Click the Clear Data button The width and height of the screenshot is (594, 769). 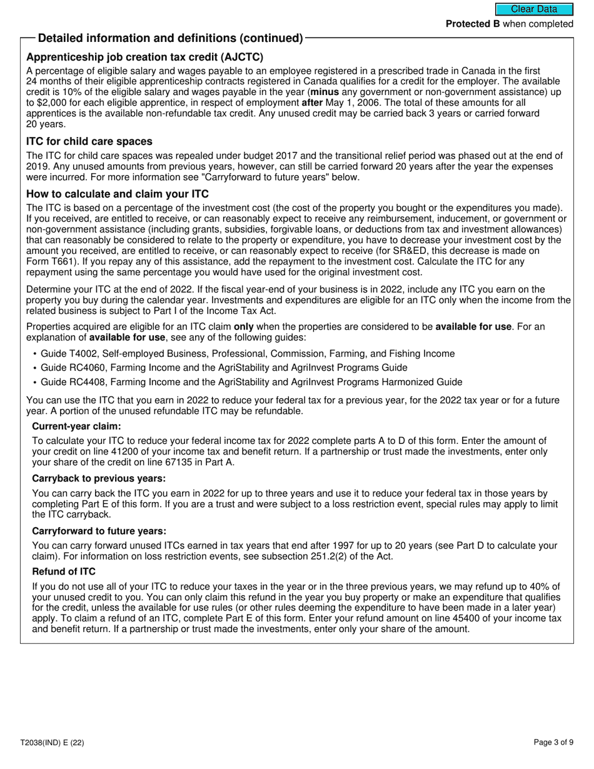pyautogui.click(x=534, y=9)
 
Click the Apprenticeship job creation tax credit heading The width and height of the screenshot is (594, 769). pyautogui.click(x=144, y=57)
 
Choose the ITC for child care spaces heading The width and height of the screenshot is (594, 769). pyautogui.click(x=89, y=141)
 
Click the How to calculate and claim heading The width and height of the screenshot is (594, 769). pyautogui.click(x=118, y=194)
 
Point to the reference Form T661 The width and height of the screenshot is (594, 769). pyautogui.click(x=53, y=261)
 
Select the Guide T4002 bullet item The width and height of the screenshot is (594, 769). pyautogui.click(x=248, y=354)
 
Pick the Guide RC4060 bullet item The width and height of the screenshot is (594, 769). pyautogui.click(x=224, y=368)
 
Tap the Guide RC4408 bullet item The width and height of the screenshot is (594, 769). pyautogui.click(x=251, y=382)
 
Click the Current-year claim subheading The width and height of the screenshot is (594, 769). pyautogui.click(x=76, y=426)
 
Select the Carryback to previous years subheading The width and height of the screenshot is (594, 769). pyautogui.click(x=99, y=478)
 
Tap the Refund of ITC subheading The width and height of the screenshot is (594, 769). pyautogui.click(x=64, y=571)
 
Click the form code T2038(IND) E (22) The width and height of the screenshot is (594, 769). pyautogui.click(x=52, y=743)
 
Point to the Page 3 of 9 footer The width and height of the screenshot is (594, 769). pyautogui.click(x=553, y=743)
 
